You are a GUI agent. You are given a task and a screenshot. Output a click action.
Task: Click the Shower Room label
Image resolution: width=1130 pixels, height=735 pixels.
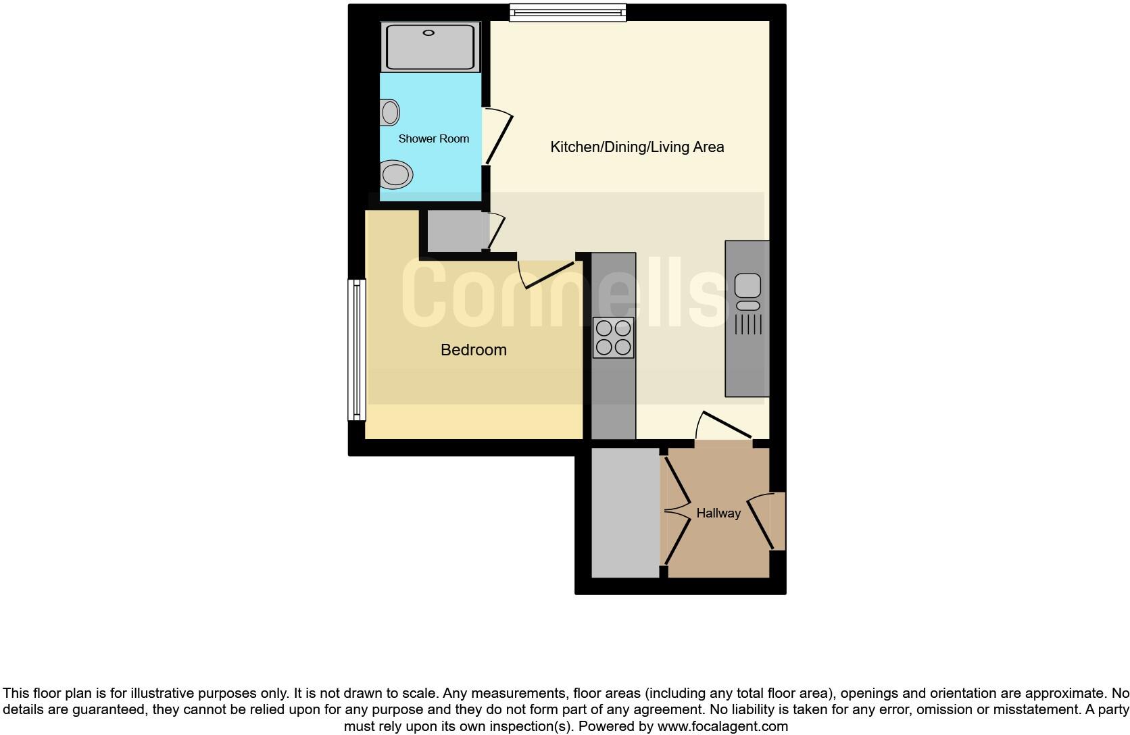[433, 138]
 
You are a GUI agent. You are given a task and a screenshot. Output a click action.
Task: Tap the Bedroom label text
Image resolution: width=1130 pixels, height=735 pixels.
[473, 350]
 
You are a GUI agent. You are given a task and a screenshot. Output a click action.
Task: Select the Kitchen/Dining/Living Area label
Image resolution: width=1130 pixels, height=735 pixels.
[637, 147]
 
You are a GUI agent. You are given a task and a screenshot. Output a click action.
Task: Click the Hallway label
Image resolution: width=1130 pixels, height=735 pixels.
[718, 513]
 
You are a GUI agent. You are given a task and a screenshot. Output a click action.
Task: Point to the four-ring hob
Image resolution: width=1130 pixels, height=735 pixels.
[614, 338]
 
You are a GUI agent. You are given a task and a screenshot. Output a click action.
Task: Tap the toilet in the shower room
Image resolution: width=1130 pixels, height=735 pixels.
[395, 175]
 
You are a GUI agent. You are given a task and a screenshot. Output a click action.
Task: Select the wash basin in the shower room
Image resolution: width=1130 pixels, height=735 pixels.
[389, 112]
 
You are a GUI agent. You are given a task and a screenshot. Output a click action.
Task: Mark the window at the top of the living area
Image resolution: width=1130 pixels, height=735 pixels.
[568, 12]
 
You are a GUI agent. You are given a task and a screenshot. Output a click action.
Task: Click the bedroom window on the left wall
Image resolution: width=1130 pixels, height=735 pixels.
[357, 349]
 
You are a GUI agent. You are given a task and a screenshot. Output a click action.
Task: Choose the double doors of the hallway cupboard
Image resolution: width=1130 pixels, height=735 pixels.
[677, 512]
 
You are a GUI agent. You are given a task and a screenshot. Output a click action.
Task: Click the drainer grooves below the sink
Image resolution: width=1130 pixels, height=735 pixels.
[747, 325]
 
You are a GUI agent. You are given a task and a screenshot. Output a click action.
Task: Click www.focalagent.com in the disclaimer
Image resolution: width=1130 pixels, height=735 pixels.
[722, 727]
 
